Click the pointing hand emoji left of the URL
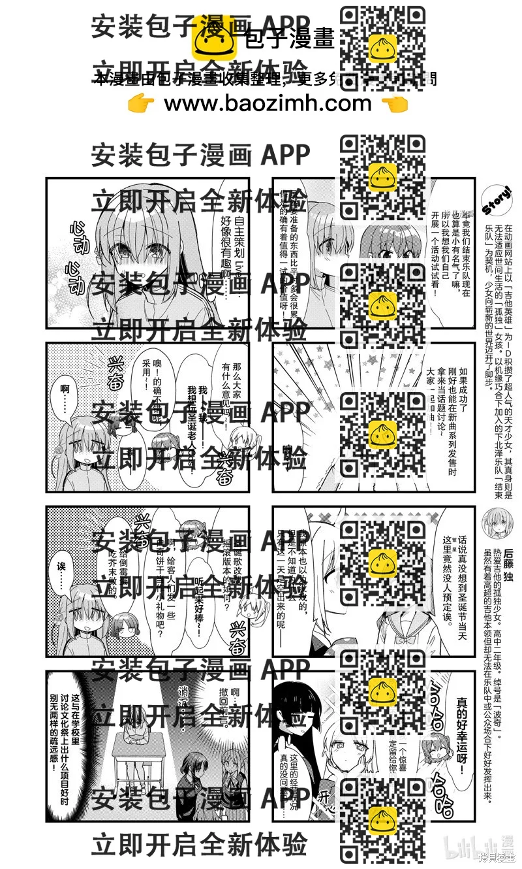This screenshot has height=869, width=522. (142, 103)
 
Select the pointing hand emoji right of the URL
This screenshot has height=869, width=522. (393, 103)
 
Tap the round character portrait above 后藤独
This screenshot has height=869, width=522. (495, 523)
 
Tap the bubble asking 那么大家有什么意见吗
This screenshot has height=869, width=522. (231, 385)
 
